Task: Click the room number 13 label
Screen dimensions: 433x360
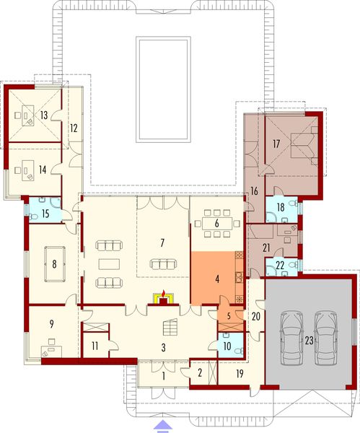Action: pos(45,115)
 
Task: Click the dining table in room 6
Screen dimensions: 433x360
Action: pos(215,222)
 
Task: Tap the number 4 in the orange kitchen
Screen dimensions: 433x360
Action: pos(215,278)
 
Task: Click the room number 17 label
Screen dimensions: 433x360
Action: pos(277,143)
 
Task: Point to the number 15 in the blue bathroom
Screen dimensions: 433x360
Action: pos(45,213)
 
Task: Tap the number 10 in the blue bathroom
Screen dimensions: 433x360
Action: pos(229,346)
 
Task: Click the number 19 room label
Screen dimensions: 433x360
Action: pos(239,374)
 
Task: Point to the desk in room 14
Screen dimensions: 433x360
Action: pos(25,172)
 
